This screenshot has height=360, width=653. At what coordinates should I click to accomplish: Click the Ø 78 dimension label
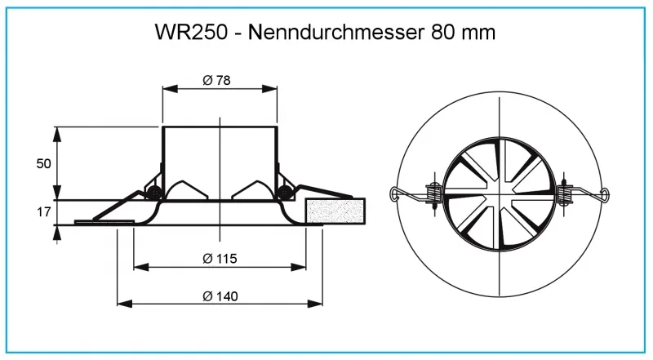click(218, 80)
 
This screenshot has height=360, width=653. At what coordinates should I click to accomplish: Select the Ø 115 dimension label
click(219, 259)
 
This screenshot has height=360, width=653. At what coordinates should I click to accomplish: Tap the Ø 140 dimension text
click(219, 296)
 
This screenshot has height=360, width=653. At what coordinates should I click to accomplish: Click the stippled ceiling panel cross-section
click(335, 211)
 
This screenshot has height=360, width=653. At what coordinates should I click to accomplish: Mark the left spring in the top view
click(432, 194)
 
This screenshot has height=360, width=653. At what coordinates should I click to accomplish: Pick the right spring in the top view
click(566, 194)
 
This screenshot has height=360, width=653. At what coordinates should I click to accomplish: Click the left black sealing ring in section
click(152, 193)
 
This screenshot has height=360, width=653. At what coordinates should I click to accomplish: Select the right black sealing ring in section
click(284, 193)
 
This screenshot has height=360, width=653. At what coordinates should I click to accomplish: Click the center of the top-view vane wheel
click(499, 194)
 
